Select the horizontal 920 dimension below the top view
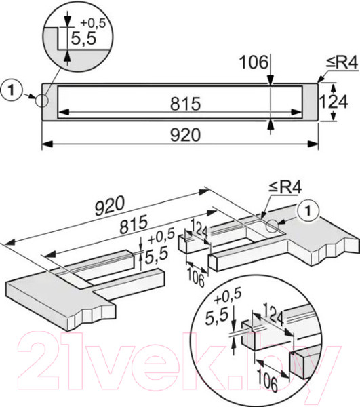coord(181,134)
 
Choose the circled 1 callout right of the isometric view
coord(306,211)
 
